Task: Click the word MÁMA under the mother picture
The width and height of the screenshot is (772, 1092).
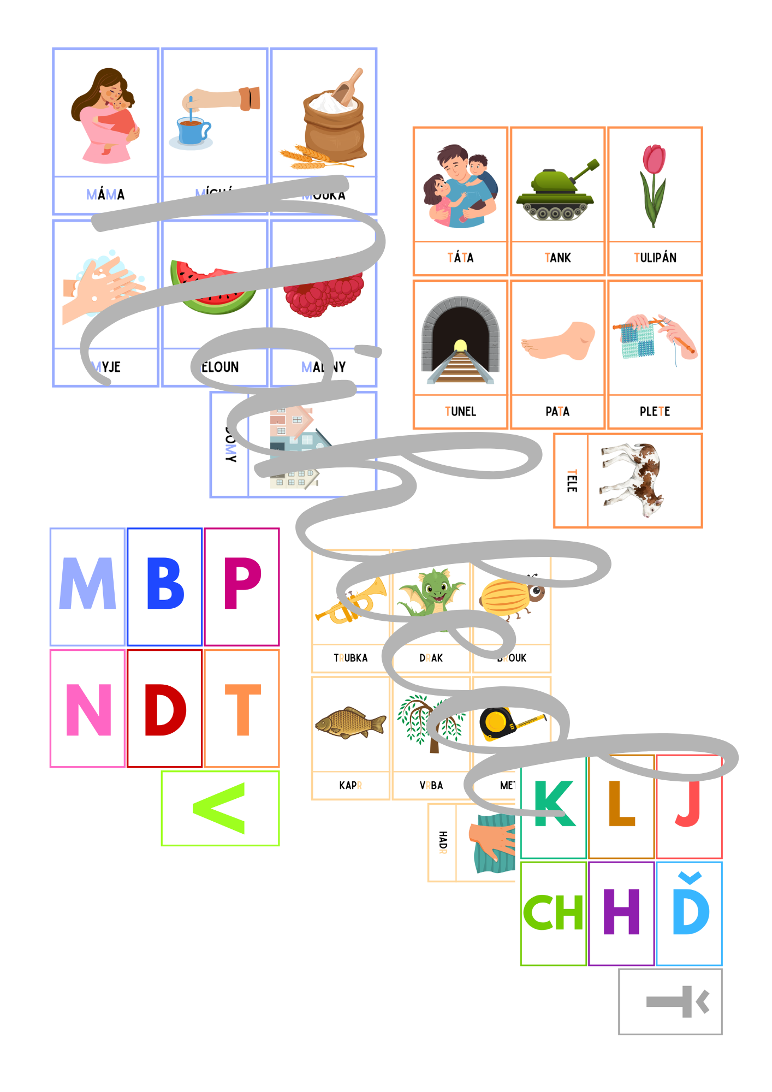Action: pyautogui.click(x=105, y=194)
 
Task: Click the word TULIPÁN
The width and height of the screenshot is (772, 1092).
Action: pyautogui.click(x=655, y=258)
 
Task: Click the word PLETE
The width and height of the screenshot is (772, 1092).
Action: pyautogui.click(x=655, y=412)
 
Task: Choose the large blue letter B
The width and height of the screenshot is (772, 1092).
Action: pyautogui.click(x=165, y=584)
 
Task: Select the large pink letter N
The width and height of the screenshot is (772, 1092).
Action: pyautogui.click(x=88, y=710)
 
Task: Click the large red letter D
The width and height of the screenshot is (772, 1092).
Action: pyautogui.click(x=165, y=710)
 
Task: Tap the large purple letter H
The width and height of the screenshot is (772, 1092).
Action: pyautogui.click(x=621, y=912)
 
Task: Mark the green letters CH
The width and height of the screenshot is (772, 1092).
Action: pyautogui.click(x=553, y=912)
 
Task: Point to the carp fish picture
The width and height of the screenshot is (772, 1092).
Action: pyautogui.click(x=350, y=723)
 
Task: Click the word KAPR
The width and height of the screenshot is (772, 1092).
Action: pyautogui.click(x=351, y=786)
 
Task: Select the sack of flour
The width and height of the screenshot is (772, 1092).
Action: pyautogui.click(x=333, y=126)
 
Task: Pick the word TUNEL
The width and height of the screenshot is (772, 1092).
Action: pyautogui.click(x=460, y=412)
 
